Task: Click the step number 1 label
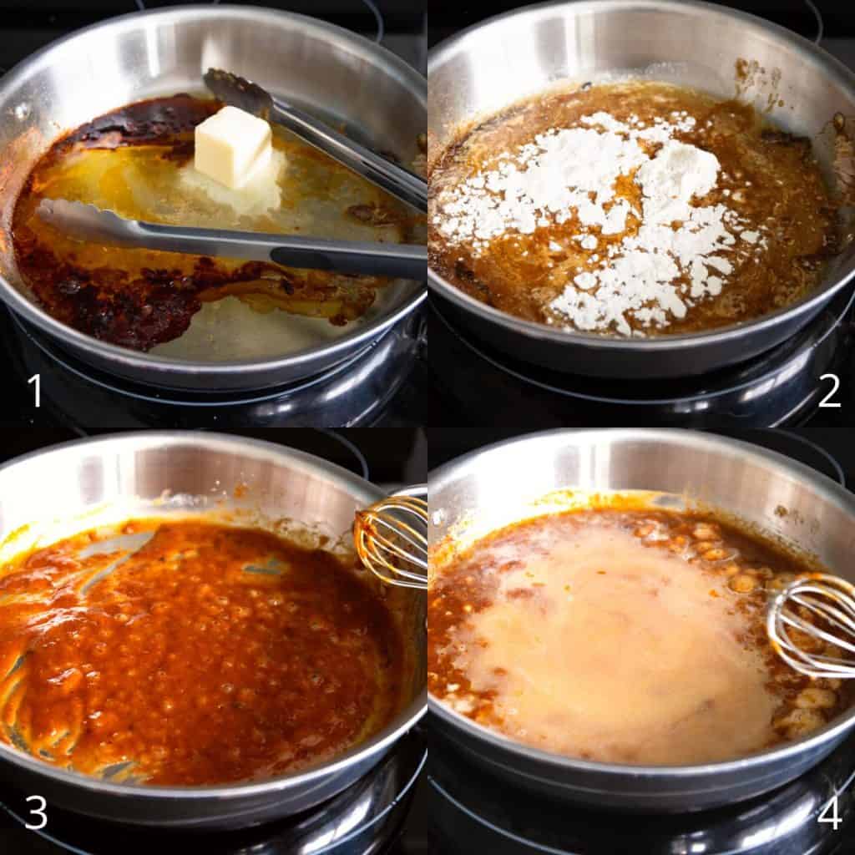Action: click(x=35, y=390)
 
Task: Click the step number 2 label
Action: click(x=829, y=390)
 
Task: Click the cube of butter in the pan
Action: click(x=233, y=146)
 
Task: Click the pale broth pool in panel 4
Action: click(x=610, y=644)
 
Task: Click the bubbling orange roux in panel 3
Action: click(x=196, y=649)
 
